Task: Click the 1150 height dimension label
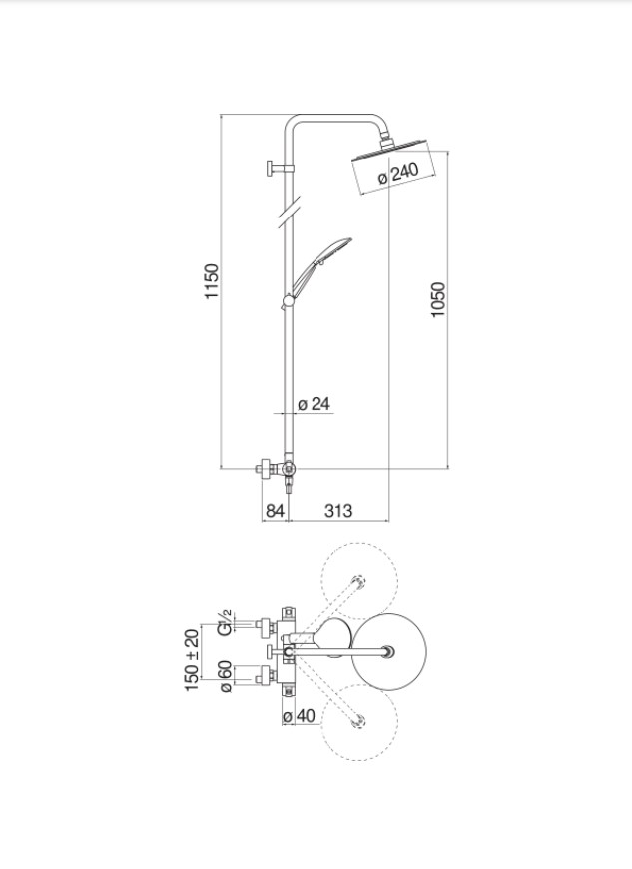(x=211, y=282)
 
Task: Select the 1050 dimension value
(x=438, y=300)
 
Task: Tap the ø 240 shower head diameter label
(x=398, y=173)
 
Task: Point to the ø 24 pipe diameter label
(x=314, y=404)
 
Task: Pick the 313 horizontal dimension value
(x=338, y=511)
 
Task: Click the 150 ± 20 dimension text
(x=193, y=658)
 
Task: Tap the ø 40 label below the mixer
(x=299, y=716)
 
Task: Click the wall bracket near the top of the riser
(x=277, y=168)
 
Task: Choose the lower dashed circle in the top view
(x=359, y=724)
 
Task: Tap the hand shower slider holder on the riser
(x=288, y=299)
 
